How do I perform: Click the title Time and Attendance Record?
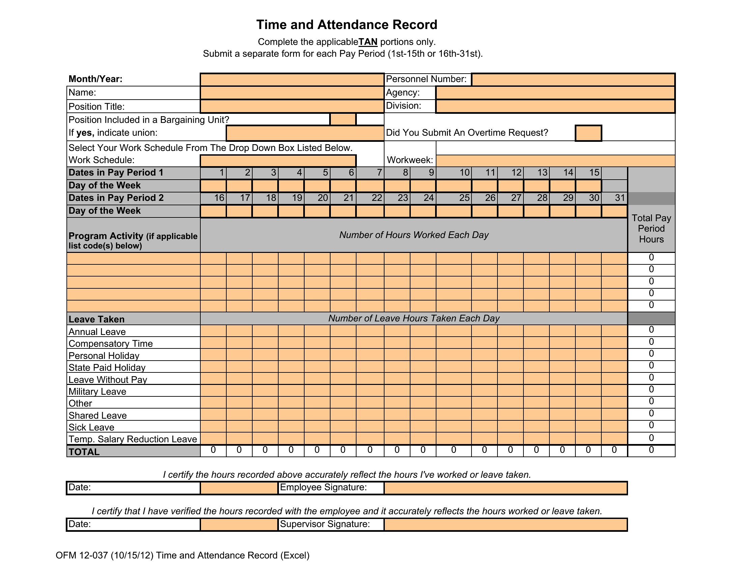tap(346, 25)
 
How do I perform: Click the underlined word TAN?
tap(368, 42)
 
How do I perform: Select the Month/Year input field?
tap(292, 80)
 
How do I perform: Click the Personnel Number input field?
tap(573, 80)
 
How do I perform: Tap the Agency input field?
tap(555, 93)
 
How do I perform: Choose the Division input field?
tap(555, 106)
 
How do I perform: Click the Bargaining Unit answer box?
tap(343, 119)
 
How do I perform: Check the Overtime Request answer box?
tap(588, 133)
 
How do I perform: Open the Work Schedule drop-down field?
tap(278, 160)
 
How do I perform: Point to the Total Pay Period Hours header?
tap(651, 229)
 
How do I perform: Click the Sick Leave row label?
tap(91, 427)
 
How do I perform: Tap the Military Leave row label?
tap(97, 391)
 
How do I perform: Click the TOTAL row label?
tap(84, 452)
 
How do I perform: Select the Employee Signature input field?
tap(505, 488)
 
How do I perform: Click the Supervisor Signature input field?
tap(505, 524)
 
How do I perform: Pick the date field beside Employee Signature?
tap(239, 488)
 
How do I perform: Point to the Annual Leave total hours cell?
tap(651, 330)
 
